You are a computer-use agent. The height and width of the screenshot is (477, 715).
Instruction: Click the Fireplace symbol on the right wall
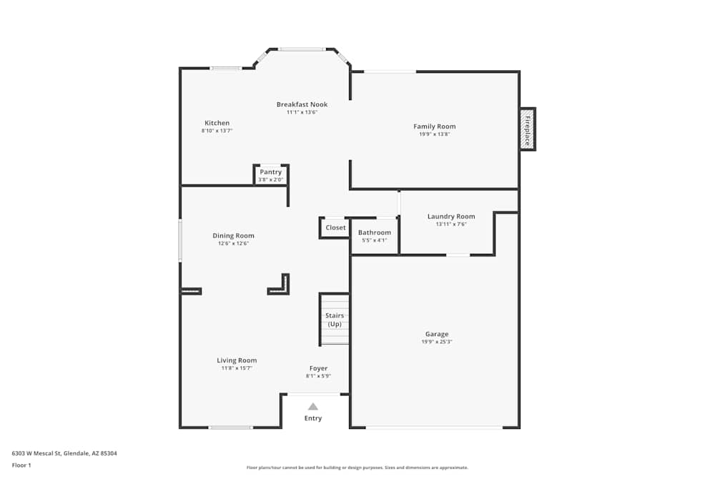coord(528,129)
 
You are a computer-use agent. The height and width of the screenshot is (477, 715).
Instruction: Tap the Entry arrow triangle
coord(313,406)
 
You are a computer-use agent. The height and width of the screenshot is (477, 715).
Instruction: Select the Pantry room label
coord(271,172)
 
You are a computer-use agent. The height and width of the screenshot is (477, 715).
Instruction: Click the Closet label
coord(335,227)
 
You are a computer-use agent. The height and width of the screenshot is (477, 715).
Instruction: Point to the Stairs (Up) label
coord(335,320)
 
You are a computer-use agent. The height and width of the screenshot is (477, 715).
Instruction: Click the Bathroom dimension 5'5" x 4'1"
coord(375,240)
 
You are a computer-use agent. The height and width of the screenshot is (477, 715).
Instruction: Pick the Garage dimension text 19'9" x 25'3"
coord(437,342)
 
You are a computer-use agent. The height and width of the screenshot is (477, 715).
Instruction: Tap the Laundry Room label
coord(451,216)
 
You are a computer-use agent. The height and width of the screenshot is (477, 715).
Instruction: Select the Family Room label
coord(435,127)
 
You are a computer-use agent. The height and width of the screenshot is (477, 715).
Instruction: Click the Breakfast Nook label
coord(302,104)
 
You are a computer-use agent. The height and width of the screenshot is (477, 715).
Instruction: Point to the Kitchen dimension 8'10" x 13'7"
coord(217,131)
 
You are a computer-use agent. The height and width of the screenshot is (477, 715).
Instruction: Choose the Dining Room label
coord(234,236)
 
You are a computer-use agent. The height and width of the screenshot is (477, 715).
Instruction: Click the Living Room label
coord(237,360)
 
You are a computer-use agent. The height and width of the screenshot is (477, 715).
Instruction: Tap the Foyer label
coord(318,368)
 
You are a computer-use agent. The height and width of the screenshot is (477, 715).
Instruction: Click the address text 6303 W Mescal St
coord(36,453)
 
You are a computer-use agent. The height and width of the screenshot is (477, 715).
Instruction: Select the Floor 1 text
coord(21,465)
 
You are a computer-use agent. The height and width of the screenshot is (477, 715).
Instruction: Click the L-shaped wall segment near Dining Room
coord(286,290)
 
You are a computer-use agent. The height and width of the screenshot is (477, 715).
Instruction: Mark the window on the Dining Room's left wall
coord(180,241)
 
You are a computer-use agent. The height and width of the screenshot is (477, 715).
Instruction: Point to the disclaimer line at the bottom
coord(357,468)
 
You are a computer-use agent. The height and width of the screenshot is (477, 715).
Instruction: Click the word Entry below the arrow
coord(313,418)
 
